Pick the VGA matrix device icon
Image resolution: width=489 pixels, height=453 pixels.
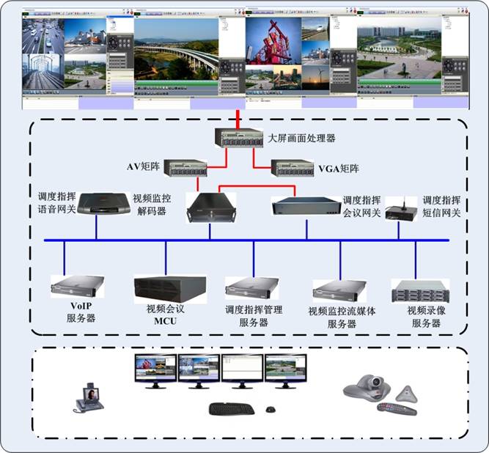[293, 169]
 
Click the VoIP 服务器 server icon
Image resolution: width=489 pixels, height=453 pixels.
[77, 285]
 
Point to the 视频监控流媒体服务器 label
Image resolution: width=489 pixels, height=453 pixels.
[342, 317]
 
